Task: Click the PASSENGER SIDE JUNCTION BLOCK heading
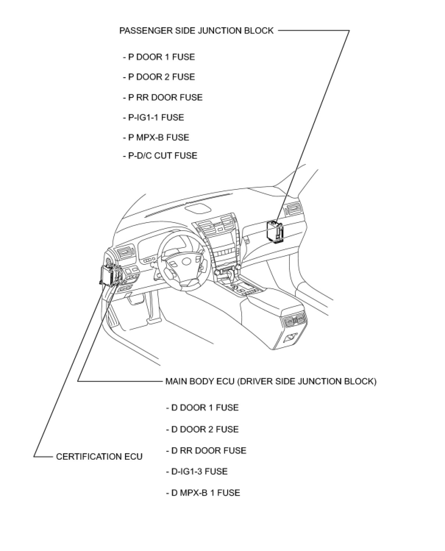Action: (196, 31)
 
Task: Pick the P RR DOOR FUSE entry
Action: (163, 97)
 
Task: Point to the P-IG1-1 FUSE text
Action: (153, 117)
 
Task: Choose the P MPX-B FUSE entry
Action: (156, 138)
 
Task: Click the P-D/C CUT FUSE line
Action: (160, 156)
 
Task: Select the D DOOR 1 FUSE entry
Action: (202, 408)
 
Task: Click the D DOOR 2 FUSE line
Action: (202, 429)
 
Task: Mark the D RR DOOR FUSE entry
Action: (206, 451)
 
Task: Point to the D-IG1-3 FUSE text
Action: (197, 472)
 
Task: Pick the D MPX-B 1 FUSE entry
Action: (203, 493)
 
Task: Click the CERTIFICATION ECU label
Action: (99, 457)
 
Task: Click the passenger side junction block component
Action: (275, 232)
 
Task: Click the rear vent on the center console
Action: (294, 321)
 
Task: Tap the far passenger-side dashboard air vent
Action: (293, 209)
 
